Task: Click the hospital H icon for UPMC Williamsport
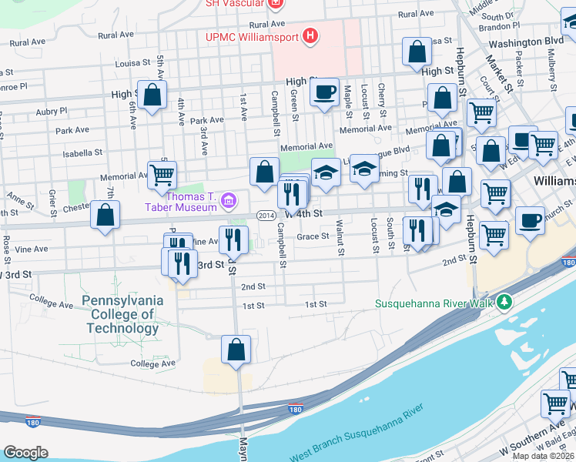pos(310,35)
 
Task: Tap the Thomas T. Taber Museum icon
pos(228,202)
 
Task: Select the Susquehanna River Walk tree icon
pos(504,303)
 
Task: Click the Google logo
pos(25,453)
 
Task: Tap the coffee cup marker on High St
pos(324,92)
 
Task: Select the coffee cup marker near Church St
pos(530,219)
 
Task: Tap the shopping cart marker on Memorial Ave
pos(162,175)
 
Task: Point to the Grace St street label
pos(313,237)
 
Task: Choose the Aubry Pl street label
pos(52,112)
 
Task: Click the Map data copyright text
pos(542,456)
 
